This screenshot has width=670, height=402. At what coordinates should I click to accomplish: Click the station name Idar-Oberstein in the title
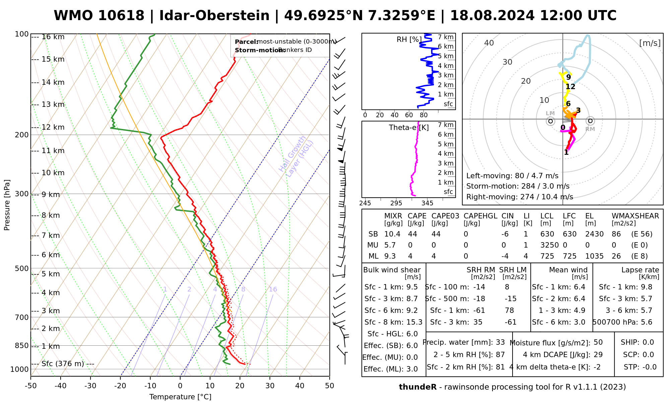tap(214, 16)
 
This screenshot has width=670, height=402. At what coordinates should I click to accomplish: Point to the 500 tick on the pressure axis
tap(22, 268)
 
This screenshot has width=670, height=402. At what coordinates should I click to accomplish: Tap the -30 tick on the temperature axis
tap(90, 386)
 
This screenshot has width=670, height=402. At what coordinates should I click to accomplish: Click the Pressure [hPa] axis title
tap(7, 205)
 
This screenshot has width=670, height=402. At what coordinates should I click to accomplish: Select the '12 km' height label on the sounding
tap(53, 127)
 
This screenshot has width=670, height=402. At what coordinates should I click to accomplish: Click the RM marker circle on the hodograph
tap(590, 121)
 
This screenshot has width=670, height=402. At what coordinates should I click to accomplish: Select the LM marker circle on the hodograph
tap(550, 121)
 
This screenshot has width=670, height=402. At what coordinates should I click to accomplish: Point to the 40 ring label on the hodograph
tap(489, 43)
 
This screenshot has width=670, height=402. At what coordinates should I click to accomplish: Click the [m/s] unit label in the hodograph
tap(650, 43)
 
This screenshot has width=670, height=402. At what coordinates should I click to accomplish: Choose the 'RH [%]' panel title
tap(409, 40)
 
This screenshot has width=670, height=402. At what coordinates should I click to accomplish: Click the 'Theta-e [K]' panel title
tap(409, 128)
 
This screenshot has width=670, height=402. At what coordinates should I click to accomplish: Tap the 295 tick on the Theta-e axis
tap(396, 203)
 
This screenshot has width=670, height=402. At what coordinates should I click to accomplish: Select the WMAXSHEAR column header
tap(635, 216)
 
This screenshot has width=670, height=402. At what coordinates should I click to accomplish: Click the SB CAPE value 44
tap(412, 234)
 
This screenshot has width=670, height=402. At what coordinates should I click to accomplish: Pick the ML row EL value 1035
tap(594, 256)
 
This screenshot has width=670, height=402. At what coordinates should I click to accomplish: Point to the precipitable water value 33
tap(500, 342)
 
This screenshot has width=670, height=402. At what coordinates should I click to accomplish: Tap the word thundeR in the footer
tap(418, 387)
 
